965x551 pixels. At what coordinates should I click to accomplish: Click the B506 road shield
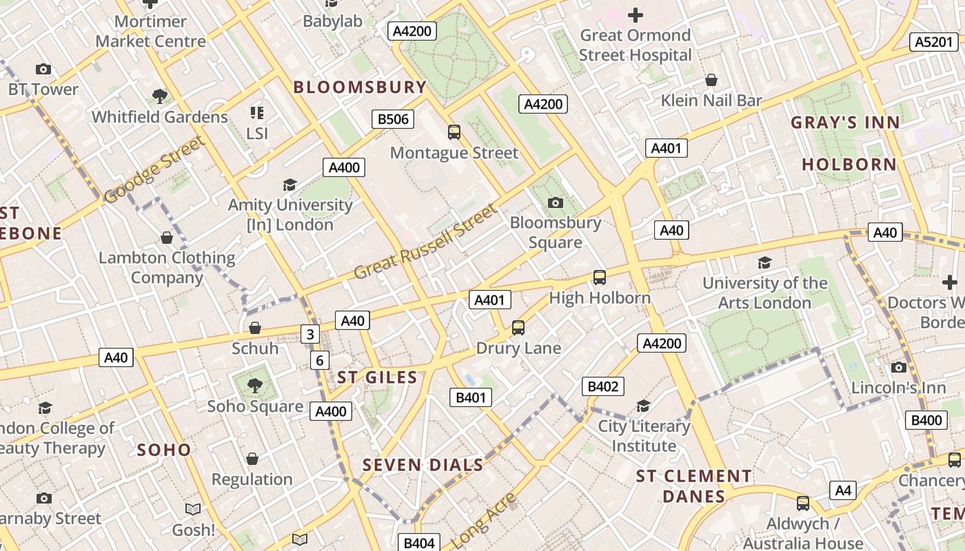(394, 119)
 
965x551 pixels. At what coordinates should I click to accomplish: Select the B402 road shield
(602, 386)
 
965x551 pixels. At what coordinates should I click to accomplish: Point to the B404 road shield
(418, 543)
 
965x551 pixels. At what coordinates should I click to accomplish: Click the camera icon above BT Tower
(43, 69)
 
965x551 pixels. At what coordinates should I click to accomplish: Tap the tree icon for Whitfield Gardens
(160, 96)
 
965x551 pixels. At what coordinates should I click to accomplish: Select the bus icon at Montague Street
(454, 132)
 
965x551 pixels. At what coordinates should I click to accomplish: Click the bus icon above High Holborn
(600, 277)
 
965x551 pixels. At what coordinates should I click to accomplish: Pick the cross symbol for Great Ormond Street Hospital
(635, 14)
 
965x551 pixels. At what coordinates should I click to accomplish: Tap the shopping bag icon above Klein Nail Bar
(711, 80)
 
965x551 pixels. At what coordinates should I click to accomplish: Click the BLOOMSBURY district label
(360, 87)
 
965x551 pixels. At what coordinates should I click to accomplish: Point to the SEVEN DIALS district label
(423, 465)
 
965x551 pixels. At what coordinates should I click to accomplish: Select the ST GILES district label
(377, 377)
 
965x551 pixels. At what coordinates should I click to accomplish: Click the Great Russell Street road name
(425, 241)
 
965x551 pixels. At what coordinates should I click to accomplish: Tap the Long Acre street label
(486, 520)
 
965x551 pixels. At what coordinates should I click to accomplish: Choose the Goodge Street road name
(154, 170)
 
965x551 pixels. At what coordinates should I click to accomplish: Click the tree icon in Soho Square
(255, 385)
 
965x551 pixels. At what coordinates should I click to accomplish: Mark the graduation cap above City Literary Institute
(643, 406)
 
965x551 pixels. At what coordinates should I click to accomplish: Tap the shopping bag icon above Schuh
(255, 327)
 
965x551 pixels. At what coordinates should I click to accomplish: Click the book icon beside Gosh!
(193, 509)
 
